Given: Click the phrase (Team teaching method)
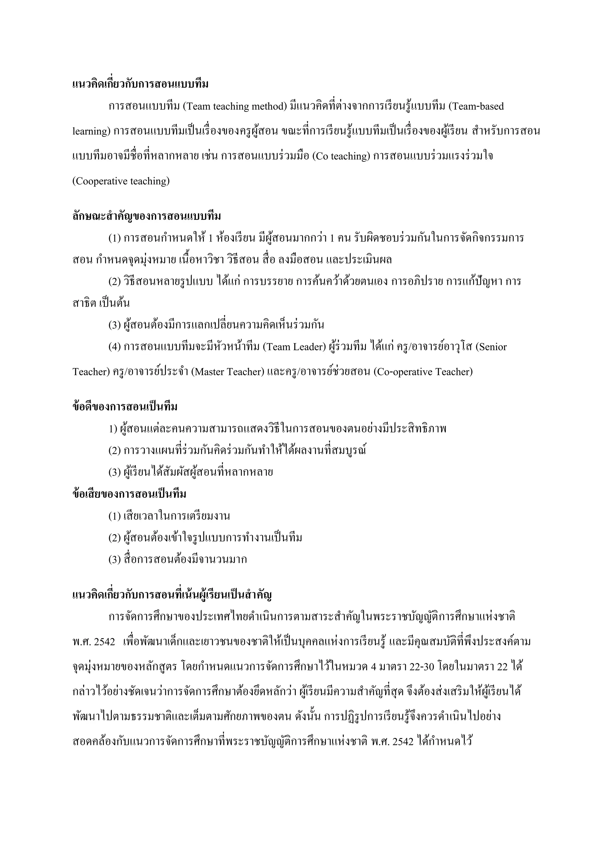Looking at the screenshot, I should pos(234,107).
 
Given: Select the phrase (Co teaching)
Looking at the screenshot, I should pos(341,156).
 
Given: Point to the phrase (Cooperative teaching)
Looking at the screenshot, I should pos(121,181).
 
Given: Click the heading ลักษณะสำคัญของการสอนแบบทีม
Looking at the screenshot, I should pos(147,217).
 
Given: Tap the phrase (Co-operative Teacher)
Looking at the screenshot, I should pos(423,372).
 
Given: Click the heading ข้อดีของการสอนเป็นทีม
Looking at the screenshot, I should pos(125,407).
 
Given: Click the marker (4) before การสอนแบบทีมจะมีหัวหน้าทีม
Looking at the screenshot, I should pos(114,347).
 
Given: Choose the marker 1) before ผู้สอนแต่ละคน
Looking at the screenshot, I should pos(113,429).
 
